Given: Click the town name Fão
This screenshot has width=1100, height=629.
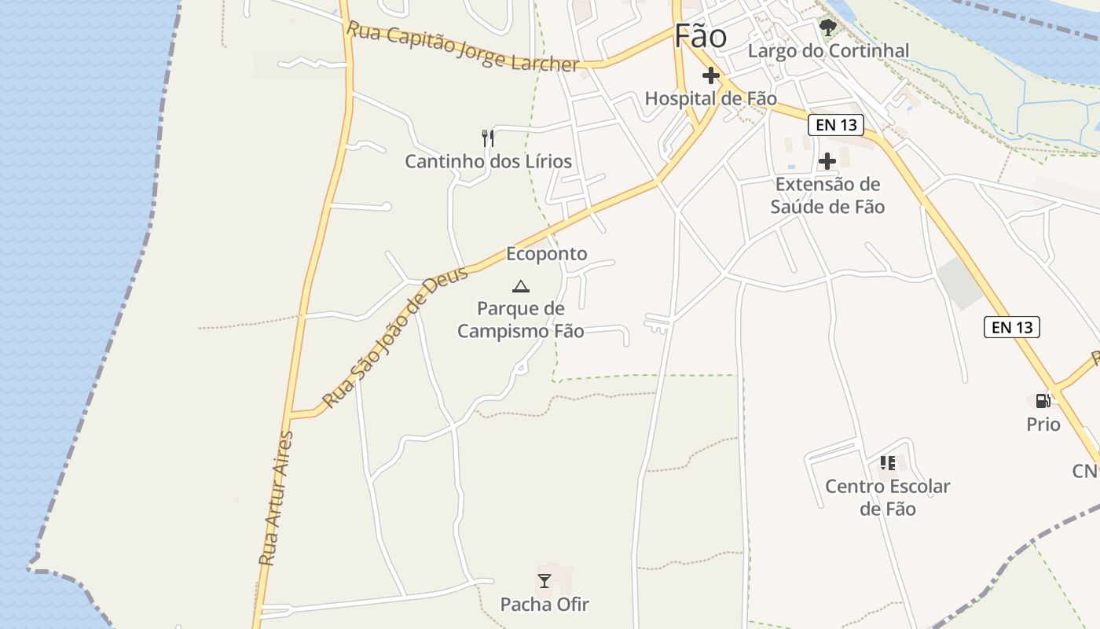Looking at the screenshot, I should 700,36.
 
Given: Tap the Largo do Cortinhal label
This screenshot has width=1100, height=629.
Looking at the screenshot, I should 828,51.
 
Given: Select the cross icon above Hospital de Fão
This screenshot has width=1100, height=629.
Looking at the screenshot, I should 711,76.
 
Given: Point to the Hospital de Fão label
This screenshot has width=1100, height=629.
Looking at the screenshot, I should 710,98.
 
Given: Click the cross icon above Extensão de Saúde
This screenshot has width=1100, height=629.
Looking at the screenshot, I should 827,161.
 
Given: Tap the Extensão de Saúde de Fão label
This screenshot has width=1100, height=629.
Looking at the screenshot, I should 827,196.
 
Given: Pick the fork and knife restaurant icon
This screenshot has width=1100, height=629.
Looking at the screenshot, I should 488,138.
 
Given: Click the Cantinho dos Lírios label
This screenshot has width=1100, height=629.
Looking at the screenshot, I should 488,162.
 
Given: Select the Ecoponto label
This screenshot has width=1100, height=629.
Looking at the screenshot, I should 547,254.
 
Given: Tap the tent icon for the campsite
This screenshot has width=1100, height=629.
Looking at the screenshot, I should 520,286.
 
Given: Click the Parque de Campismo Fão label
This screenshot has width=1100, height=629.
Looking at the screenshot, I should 520,319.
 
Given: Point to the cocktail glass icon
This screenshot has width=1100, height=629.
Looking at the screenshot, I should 544,581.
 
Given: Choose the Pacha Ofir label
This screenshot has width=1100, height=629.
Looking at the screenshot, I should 544,605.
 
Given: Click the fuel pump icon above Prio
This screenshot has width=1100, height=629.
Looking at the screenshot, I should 1043,401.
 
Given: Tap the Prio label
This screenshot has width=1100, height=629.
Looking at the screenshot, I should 1043,425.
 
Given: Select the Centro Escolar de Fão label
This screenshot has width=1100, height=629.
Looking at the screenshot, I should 888,497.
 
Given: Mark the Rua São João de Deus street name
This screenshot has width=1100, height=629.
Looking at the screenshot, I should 396,337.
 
